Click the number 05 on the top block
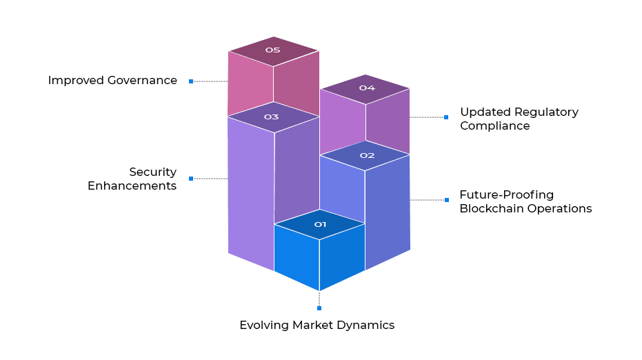[x=272, y=50]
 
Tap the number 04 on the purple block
[x=366, y=88]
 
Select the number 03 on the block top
[x=271, y=117]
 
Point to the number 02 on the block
[x=367, y=155]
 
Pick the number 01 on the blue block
[x=320, y=224]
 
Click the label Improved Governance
[x=112, y=80]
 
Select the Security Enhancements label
[x=132, y=179]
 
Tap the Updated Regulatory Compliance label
[x=519, y=119]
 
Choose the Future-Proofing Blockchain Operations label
[x=525, y=201]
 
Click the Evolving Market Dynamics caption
[x=317, y=325]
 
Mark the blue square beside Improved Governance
[x=191, y=81]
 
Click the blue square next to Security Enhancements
[x=191, y=179]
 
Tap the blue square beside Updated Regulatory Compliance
[x=446, y=117]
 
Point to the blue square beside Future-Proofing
[x=446, y=200]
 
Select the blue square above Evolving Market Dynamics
[x=319, y=308]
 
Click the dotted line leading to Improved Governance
[x=210, y=81]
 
